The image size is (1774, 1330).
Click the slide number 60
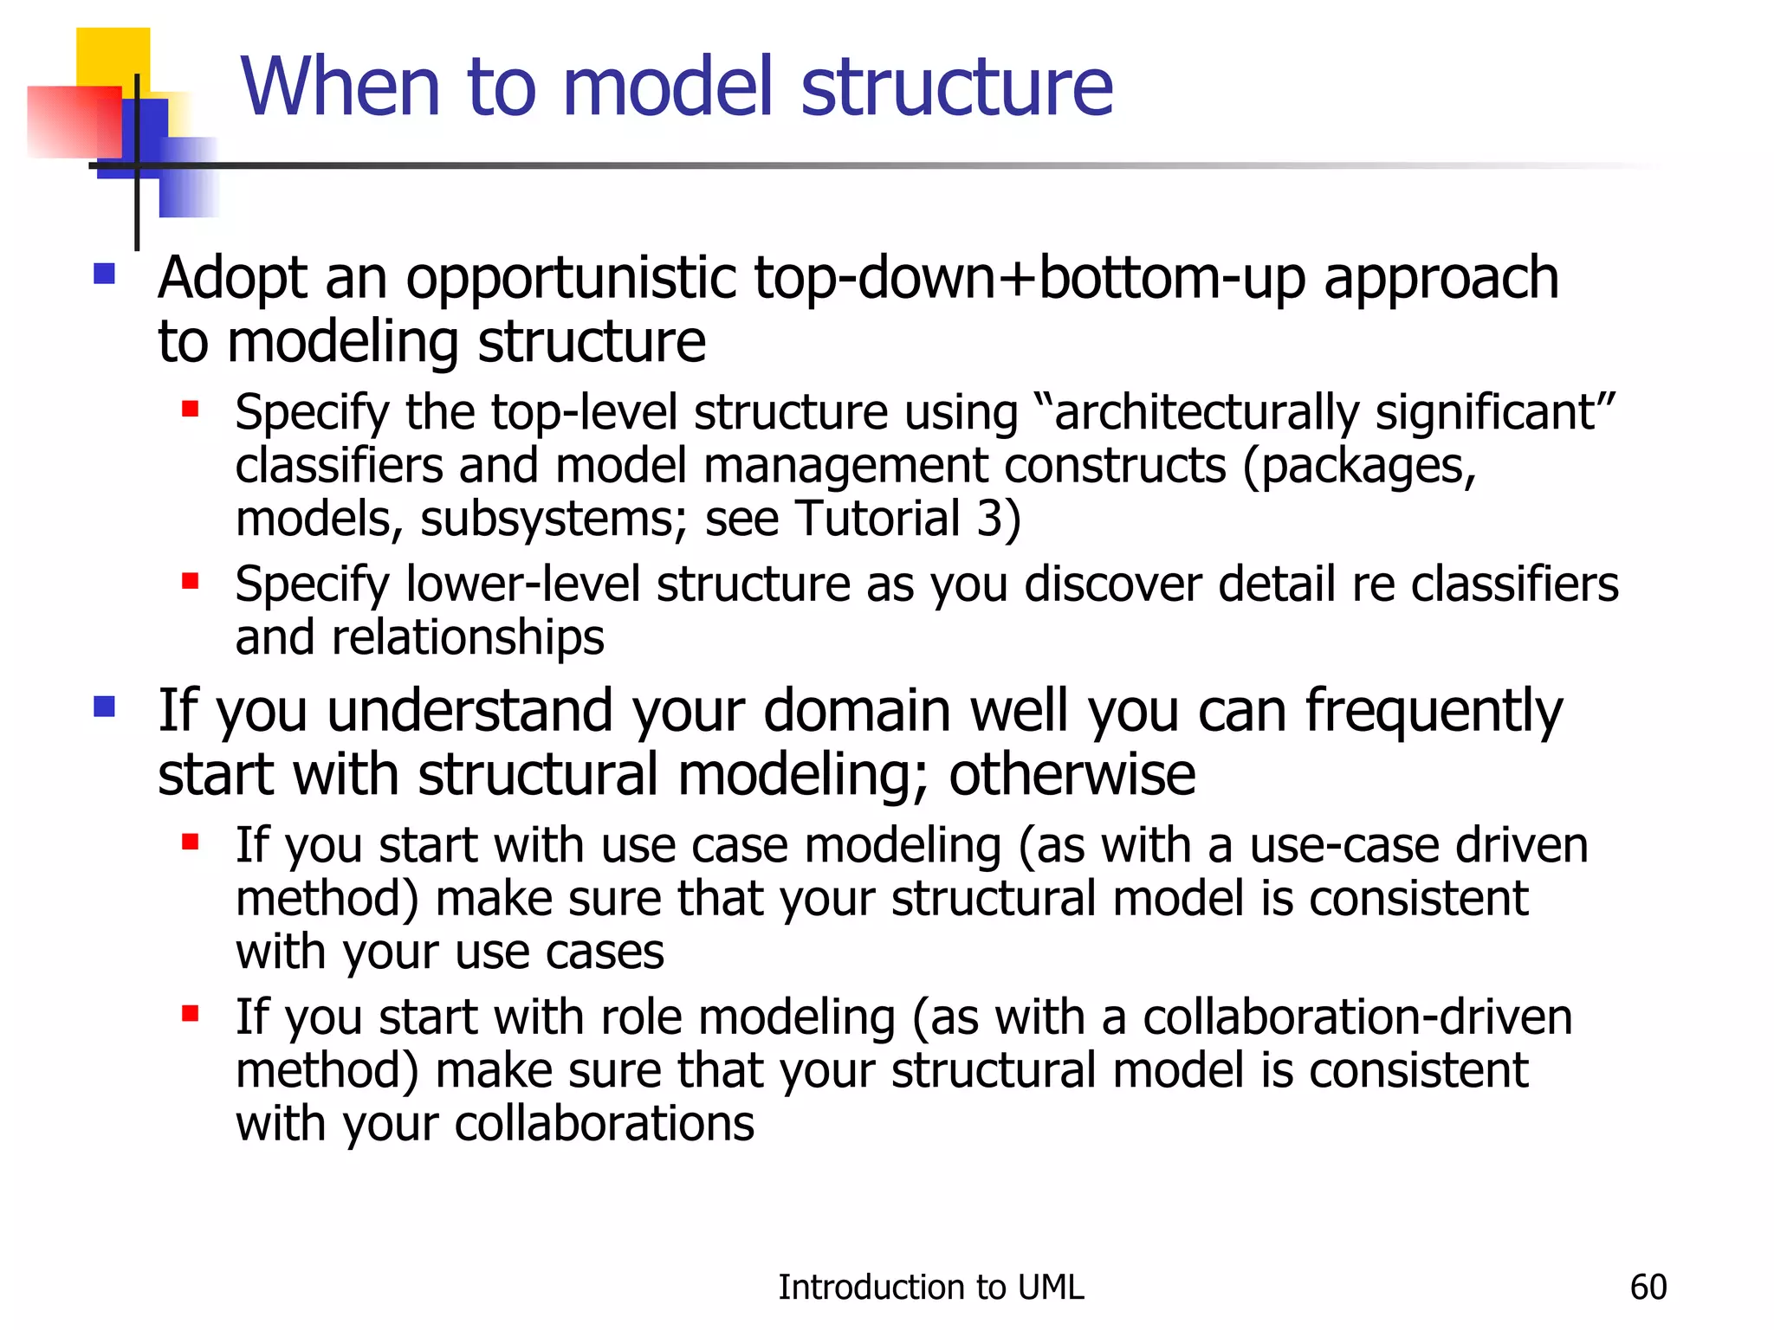tap(1648, 1288)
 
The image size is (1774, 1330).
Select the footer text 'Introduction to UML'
tap(930, 1288)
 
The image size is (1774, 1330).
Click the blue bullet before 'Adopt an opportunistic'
tap(105, 274)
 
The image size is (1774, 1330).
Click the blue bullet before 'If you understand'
tap(105, 707)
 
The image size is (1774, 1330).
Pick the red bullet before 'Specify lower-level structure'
tap(191, 581)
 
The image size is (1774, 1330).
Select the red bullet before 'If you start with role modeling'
tap(191, 1013)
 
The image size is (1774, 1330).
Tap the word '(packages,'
tap(1359, 466)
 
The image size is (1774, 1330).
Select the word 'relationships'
tap(468, 638)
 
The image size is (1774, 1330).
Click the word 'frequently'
tap(1434, 712)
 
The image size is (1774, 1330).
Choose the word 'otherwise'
tap(1072, 774)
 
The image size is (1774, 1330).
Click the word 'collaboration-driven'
tap(1356, 1017)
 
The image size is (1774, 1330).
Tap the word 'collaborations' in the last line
tap(604, 1124)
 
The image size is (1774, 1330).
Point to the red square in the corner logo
tap(73, 122)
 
